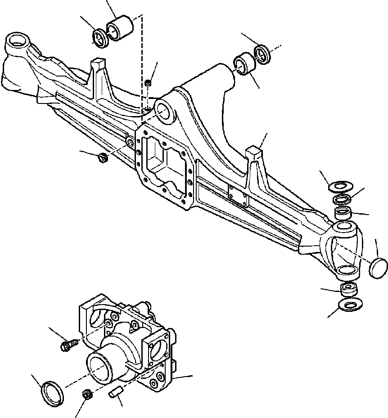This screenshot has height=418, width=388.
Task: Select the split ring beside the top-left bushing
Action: (100, 37)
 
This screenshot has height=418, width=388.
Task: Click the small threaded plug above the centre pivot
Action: (149, 83)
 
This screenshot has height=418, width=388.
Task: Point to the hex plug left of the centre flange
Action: (102, 157)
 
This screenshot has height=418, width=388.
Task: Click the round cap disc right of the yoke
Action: (378, 267)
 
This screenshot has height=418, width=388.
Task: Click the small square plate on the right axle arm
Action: (237, 196)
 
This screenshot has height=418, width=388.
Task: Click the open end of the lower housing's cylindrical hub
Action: (100, 367)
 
